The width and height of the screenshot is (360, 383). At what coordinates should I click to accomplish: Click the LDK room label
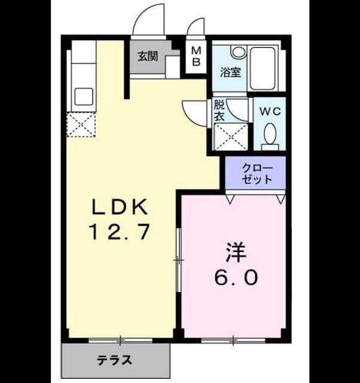[x=120, y=206]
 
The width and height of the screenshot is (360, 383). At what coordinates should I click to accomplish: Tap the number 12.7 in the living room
[x=120, y=232]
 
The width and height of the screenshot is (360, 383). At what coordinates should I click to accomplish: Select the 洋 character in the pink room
[x=236, y=253]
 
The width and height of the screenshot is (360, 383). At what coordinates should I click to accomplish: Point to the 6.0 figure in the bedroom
[x=236, y=277]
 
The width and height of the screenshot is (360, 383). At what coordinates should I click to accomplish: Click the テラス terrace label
[x=114, y=360]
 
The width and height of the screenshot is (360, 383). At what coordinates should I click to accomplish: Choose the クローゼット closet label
[x=257, y=174]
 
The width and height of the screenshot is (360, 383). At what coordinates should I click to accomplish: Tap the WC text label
[x=270, y=112]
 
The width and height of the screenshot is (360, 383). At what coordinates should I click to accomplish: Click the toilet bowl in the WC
[x=270, y=136]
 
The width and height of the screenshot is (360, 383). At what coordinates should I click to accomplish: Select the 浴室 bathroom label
[x=231, y=72]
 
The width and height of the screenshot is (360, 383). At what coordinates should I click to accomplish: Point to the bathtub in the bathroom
[x=263, y=68]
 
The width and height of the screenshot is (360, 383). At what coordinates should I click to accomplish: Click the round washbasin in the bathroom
[x=239, y=52]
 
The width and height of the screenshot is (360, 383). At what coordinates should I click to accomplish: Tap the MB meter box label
[x=196, y=57]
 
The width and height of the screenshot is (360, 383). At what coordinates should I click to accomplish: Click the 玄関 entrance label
[x=148, y=56]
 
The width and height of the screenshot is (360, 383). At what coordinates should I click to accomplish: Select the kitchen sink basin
[x=84, y=97]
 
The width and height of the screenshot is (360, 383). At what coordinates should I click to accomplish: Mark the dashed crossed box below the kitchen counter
[x=81, y=125]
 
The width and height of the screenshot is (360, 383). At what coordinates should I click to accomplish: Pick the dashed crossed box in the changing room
[x=231, y=136]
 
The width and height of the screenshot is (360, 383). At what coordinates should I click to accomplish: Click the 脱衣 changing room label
[x=219, y=111]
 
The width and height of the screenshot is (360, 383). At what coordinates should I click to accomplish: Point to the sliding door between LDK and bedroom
[x=179, y=260]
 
